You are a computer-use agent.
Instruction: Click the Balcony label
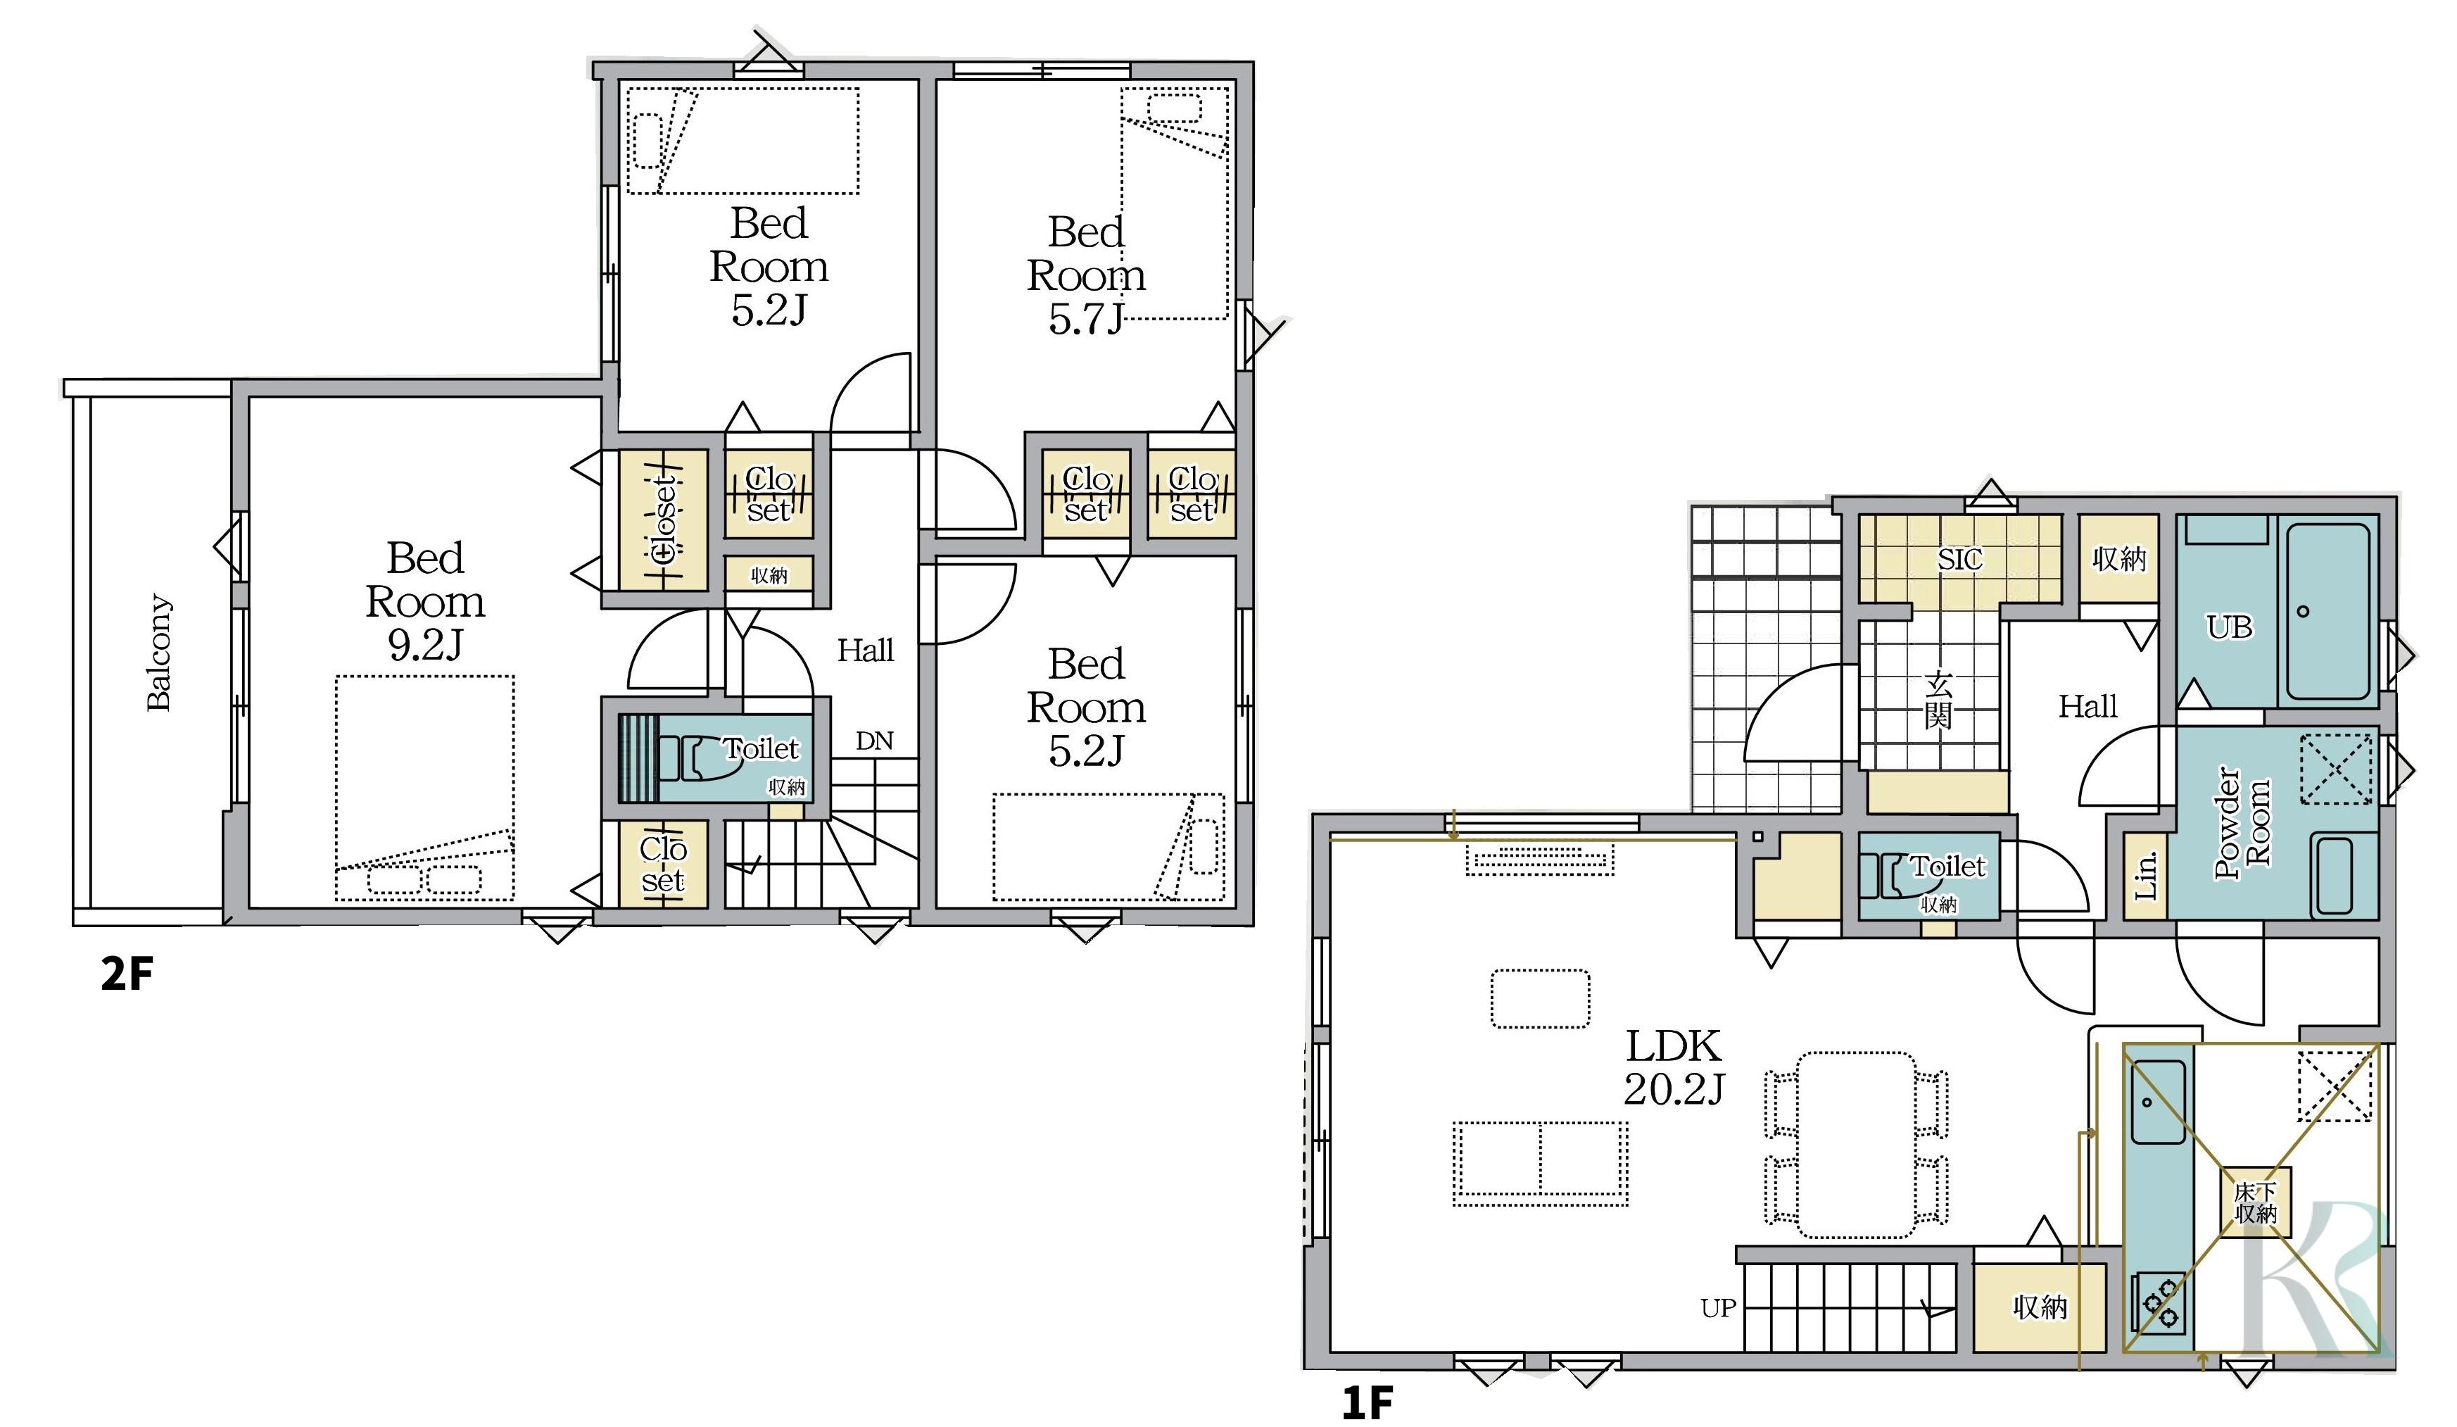[159, 653]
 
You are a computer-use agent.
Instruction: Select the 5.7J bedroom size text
[1086, 319]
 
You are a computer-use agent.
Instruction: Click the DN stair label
[875, 741]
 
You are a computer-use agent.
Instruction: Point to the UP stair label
[1719, 1308]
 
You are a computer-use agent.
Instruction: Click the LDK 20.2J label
[1674, 1068]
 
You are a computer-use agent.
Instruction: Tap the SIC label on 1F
[1959, 559]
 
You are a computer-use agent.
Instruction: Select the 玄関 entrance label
[1938, 699]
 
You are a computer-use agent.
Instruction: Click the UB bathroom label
[2230, 626]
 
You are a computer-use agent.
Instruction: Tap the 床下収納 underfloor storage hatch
[2255, 1202]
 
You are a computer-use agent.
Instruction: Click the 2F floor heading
[127, 974]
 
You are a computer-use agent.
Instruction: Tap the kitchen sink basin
[2158, 1102]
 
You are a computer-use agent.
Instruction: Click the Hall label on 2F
[866, 650]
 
